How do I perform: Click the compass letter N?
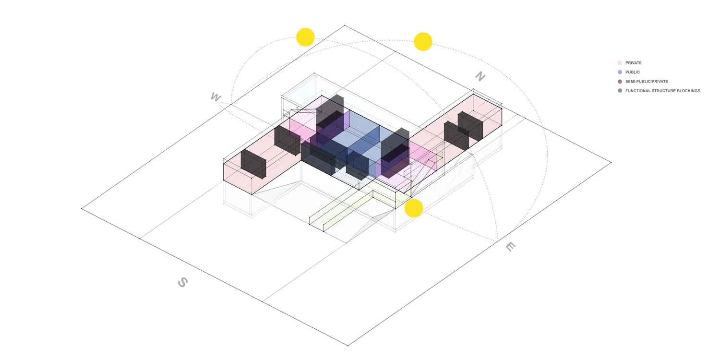[480, 76]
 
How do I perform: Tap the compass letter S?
[182, 282]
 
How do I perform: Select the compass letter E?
[510, 247]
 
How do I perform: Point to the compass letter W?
[216, 97]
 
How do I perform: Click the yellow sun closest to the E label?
[413, 208]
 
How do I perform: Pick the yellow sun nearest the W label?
[305, 37]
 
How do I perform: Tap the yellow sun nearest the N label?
[423, 41]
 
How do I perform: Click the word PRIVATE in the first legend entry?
[633, 63]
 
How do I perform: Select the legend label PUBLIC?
[632, 72]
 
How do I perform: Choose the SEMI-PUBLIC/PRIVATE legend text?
[647, 82]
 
